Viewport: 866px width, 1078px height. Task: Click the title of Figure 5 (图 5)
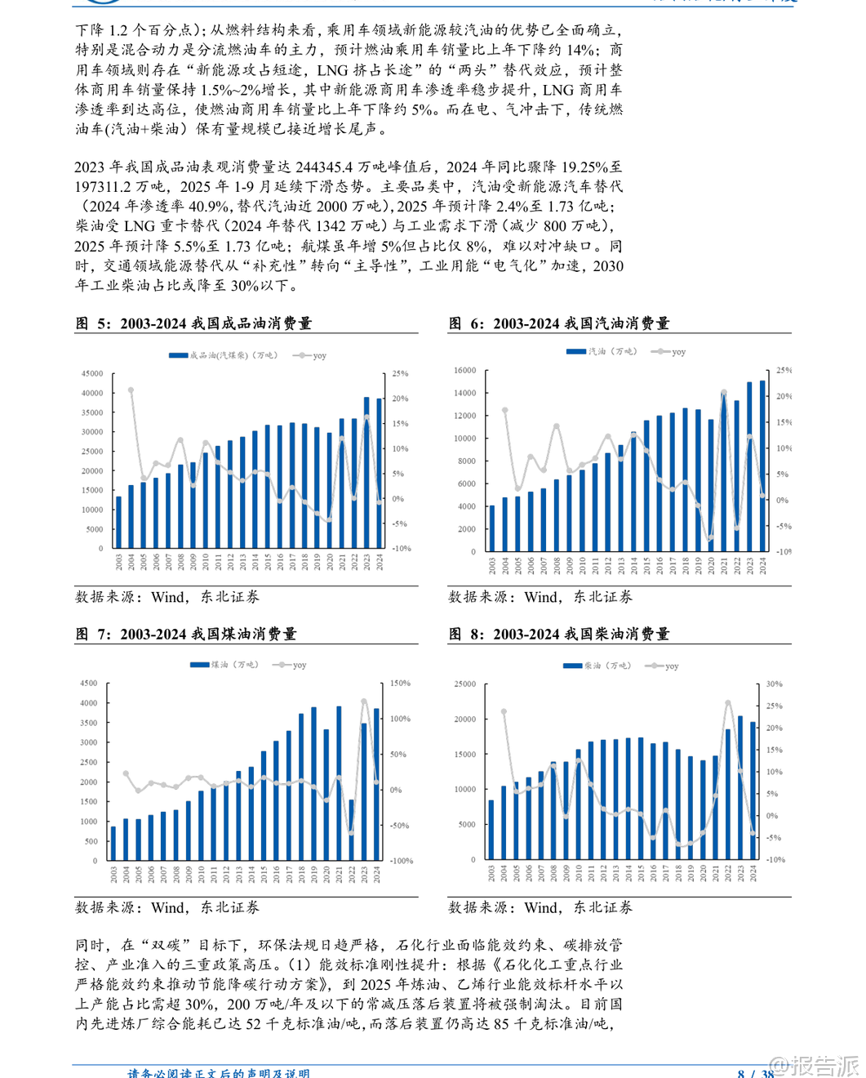click(x=193, y=323)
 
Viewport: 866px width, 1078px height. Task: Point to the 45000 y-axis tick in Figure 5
click(x=92, y=373)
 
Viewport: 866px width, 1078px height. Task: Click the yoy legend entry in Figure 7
click(x=293, y=665)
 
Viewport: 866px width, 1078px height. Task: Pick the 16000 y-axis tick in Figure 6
click(x=464, y=370)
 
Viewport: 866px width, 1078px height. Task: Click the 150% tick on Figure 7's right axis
click(x=400, y=683)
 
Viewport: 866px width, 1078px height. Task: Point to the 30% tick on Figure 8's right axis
click(x=774, y=684)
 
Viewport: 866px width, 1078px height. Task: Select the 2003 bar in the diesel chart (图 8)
click(x=491, y=830)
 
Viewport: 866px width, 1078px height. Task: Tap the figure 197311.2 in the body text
click(x=109, y=186)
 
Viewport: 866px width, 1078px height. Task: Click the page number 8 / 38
click(x=755, y=1073)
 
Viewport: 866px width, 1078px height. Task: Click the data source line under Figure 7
click(x=167, y=907)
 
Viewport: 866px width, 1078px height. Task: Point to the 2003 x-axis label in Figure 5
click(x=119, y=562)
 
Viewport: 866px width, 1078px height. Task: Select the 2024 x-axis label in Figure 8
click(x=753, y=873)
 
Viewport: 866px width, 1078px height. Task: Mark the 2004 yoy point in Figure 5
click(x=131, y=390)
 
